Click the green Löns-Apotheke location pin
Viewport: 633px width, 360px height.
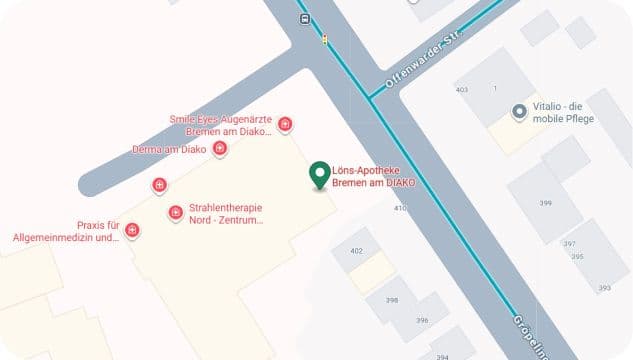[320, 175]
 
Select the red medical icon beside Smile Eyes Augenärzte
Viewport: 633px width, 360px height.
[286, 124]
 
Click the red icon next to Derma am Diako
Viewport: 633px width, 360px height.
[220, 150]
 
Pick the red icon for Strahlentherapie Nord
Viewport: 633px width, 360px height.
[175, 212]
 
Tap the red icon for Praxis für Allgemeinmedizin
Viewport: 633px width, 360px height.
[132, 231]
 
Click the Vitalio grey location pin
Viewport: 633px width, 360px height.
[519, 112]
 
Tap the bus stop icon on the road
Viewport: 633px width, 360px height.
[303, 18]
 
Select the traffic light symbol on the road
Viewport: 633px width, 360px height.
[324, 40]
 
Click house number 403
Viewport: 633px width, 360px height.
[461, 90]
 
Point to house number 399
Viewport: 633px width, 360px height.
[545, 203]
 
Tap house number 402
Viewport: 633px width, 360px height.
[357, 250]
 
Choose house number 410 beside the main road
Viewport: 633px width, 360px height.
[400, 208]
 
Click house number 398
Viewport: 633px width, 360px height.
[392, 300]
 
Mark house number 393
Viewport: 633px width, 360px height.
[604, 288]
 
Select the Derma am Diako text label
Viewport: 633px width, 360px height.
[169, 150]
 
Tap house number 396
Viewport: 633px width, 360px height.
[422, 320]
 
